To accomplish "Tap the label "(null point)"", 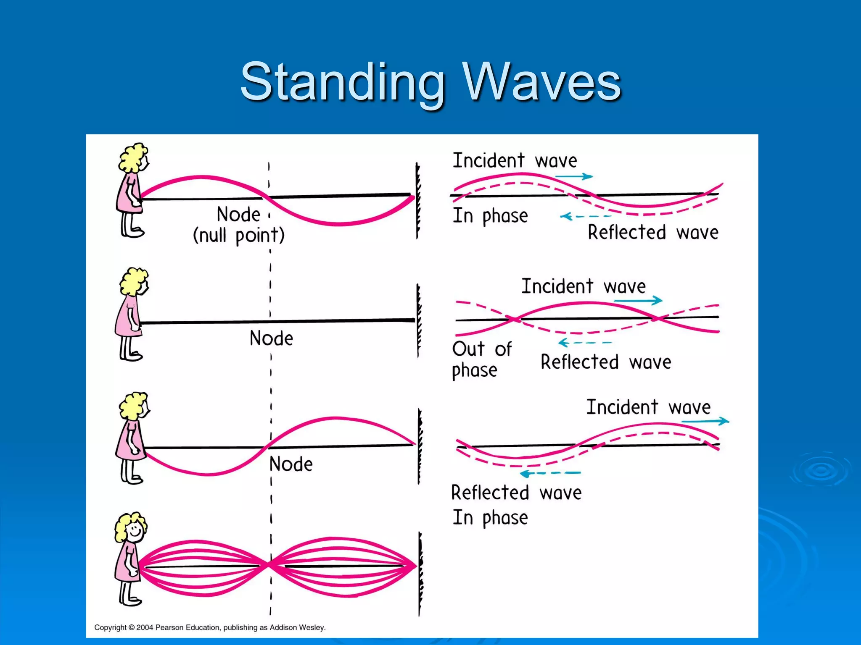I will coord(238,236).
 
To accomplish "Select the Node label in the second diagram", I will coord(271,338).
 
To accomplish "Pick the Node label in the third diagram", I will coord(291,464).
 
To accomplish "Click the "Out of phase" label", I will coord(481,359).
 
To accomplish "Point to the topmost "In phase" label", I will coord(490,216).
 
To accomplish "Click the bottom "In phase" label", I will coord(490,518).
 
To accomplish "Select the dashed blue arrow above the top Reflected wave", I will coord(585,217).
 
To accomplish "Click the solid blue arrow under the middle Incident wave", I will coord(638,301).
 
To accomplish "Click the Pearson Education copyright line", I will coord(210,627).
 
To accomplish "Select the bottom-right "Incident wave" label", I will coord(648,407).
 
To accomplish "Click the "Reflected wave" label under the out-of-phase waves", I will coord(605,362).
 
